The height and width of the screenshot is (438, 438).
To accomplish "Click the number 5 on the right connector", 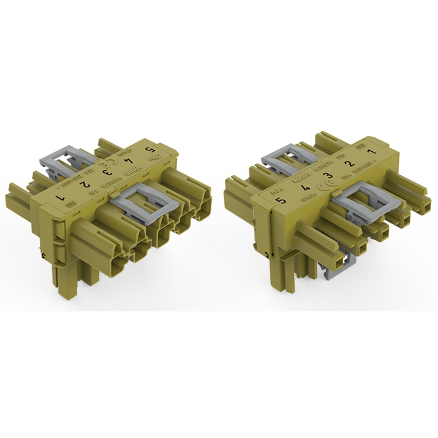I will (x=281, y=201).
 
